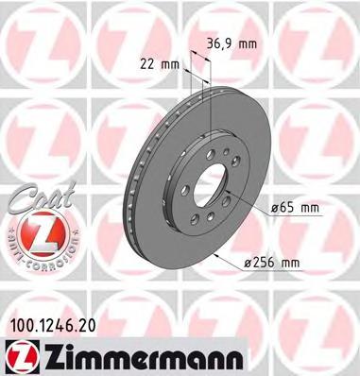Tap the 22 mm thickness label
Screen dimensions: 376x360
158,64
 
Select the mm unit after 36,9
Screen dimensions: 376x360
249,42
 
